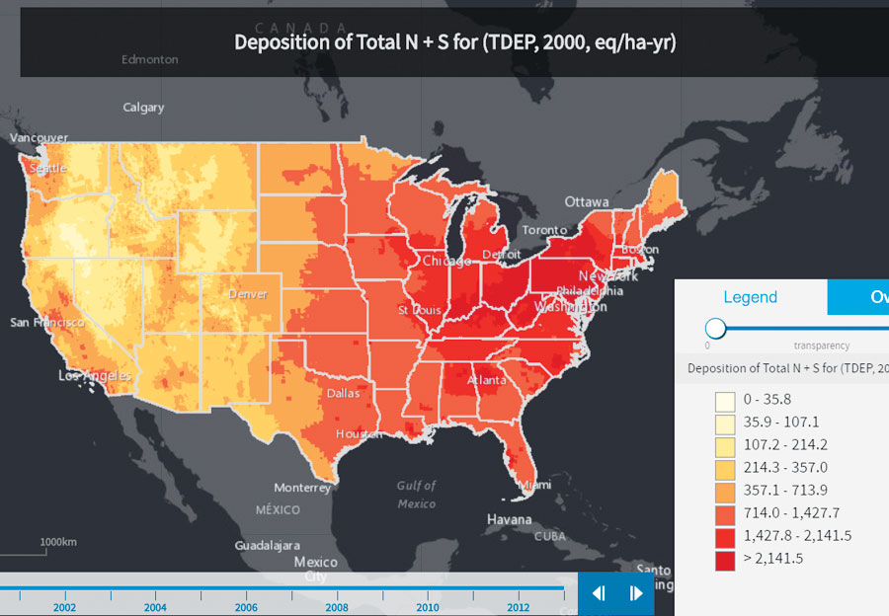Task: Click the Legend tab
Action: pyautogui.click(x=750, y=297)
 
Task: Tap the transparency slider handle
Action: pyautogui.click(x=716, y=329)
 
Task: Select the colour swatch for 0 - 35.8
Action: pyautogui.click(x=725, y=400)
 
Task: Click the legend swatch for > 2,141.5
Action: pyautogui.click(x=725, y=558)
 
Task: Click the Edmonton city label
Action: pyautogui.click(x=150, y=59)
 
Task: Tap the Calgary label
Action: pyautogui.click(x=143, y=107)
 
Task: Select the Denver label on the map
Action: pyautogui.click(x=248, y=294)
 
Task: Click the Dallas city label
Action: pyautogui.click(x=344, y=393)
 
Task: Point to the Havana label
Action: pyautogui.click(x=509, y=519)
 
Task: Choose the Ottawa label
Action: pyautogui.click(x=587, y=201)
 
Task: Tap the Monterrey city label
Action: pyautogui.click(x=302, y=488)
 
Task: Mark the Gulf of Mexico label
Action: pyautogui.click(x=416, y=495)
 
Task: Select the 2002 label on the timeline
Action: pyautogui.click(x=64, y=607)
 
